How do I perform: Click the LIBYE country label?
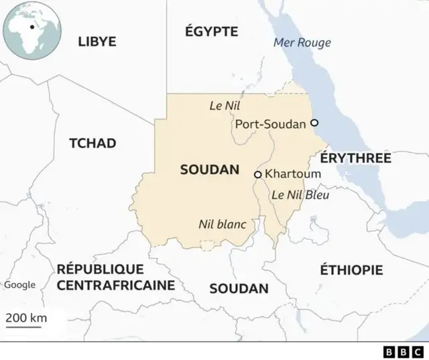(x=97, y=42)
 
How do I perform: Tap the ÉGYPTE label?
(x=211, y=31)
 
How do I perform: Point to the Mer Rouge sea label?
(x=302, y=43)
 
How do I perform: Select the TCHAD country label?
(x=93, y=143)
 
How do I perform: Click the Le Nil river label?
(x=225, y=105)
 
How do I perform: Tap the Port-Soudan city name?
(x=270, y=124)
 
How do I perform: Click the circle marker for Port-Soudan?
(x=314, y=123)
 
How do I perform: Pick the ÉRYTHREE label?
(x=355, y=158)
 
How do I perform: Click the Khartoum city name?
(x=293, y=174)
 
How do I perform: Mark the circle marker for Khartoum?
(x=257, y=174)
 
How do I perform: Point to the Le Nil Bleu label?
(x=300, y=195)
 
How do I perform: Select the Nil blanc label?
(x=222, y=225)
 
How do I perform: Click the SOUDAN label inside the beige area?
(x=209, y=170)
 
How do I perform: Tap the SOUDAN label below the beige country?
(x=239, y=289)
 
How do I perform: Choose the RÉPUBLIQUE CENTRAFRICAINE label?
(x=115, y=277)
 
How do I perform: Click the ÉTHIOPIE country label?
(x=351, y=270)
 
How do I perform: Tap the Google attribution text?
(x=20, y=285)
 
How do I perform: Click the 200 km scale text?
(x=27, y=318)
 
